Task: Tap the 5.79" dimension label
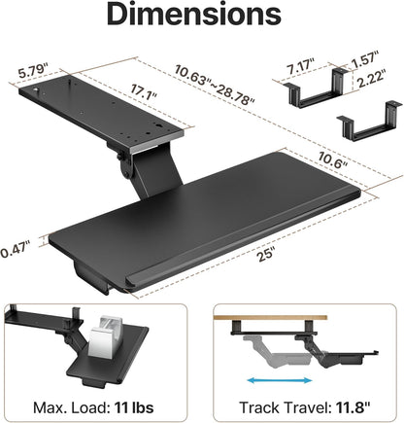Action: point(34,71)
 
